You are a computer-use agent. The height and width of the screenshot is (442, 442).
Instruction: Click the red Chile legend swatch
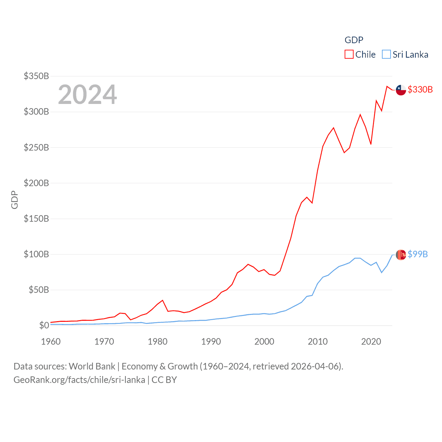349,55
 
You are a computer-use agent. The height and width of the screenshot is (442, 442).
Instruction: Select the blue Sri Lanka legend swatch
386,55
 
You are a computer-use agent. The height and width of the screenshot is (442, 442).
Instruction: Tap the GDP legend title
354,40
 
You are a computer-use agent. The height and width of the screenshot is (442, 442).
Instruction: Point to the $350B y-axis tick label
36,76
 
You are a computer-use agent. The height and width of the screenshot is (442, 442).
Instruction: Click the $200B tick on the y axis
36,183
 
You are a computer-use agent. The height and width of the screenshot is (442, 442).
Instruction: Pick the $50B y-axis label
39,290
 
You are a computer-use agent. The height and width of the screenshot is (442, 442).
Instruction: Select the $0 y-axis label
44,325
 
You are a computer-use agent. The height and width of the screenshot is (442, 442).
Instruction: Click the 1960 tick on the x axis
51,342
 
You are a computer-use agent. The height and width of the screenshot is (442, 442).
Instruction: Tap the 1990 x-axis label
211,342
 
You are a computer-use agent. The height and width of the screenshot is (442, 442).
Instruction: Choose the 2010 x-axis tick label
318,342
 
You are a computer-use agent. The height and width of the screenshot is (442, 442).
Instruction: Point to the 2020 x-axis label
371,342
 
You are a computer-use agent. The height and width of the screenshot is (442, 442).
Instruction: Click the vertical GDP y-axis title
15,200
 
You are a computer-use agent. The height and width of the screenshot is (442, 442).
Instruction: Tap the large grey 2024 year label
87,95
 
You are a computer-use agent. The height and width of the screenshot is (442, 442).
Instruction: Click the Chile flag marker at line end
401,90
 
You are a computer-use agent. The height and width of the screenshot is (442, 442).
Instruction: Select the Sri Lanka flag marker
401,255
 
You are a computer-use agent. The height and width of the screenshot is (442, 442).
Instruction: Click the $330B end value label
420,89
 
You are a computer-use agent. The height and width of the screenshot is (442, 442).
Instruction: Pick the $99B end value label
417,254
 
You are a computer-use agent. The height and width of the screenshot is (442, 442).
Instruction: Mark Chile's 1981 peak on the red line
163,300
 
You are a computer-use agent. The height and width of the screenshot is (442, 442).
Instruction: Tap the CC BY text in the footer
164,380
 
